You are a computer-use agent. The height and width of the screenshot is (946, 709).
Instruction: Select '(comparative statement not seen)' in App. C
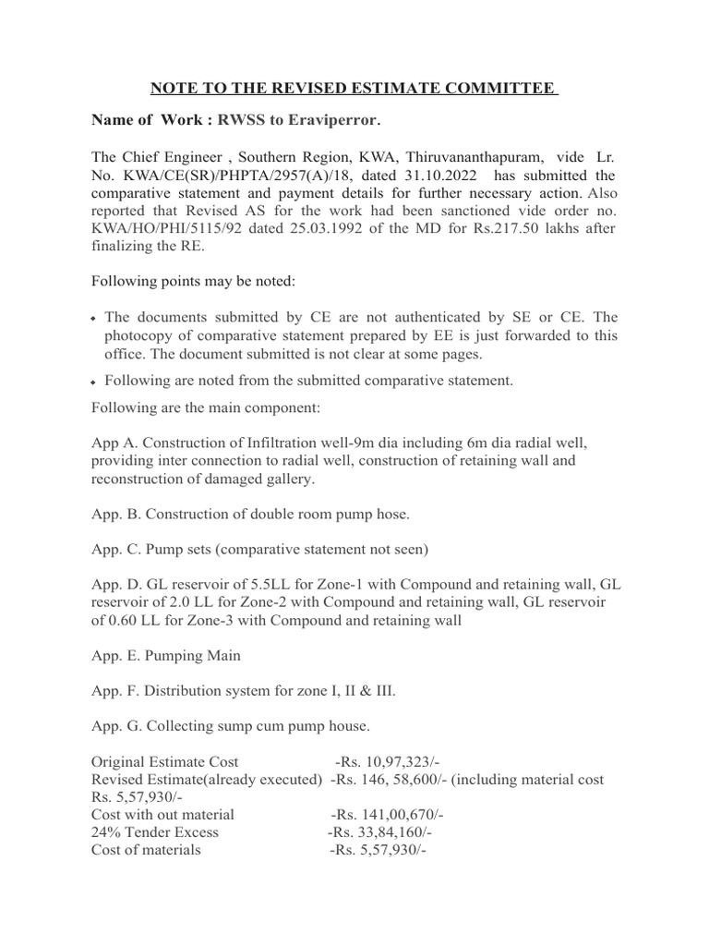(x=324, y=549)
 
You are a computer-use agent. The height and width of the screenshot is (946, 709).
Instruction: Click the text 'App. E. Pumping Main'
(x=166, y=655)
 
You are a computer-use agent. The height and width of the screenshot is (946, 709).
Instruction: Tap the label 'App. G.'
(x=116, y=726)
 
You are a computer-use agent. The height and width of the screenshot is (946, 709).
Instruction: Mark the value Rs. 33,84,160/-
(x=379, y=832)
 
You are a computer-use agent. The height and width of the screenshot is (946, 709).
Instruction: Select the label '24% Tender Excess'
(x=155, y=832)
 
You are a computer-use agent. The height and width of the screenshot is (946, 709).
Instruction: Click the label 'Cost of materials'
(x=146, y=850)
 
